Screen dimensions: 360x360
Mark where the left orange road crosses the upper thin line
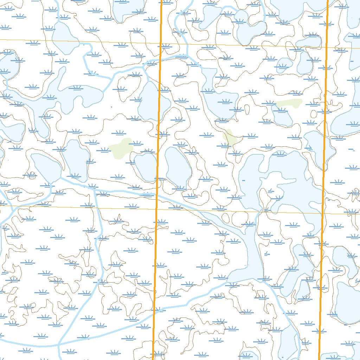(x=161, y=44)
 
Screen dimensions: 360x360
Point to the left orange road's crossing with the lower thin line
(x=156, y=209)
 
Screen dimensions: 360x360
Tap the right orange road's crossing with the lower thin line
(x=323, y=213)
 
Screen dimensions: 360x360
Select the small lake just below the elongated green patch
(x=283, y=116)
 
